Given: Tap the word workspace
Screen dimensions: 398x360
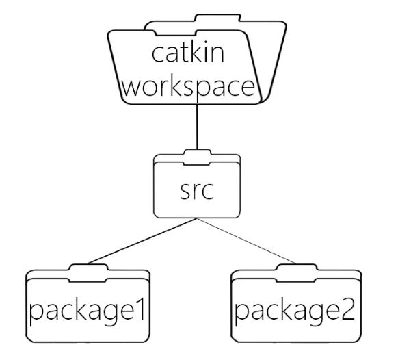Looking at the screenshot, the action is (x=189, y=86).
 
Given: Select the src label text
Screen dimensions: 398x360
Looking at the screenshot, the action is (x=197, y=190).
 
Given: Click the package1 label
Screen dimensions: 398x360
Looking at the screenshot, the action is (x=88, y=311).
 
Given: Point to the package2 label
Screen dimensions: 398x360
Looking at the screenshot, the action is (x=295, y=311).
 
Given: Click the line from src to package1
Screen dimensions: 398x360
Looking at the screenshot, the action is (x=143, y=241).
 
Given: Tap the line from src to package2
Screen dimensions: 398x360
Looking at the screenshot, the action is (x=247, y=241).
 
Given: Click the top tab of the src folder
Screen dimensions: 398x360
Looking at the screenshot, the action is (x=197, y=152).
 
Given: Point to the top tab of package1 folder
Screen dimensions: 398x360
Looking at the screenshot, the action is (x=88, y=268).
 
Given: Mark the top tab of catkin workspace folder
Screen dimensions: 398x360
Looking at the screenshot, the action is (x=217, y=18).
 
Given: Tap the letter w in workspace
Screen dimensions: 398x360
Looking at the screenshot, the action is (x=133, y=88).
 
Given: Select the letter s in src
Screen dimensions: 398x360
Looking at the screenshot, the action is (x=185, y=191).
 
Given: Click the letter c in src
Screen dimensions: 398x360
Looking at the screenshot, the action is (x=208, y=191).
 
